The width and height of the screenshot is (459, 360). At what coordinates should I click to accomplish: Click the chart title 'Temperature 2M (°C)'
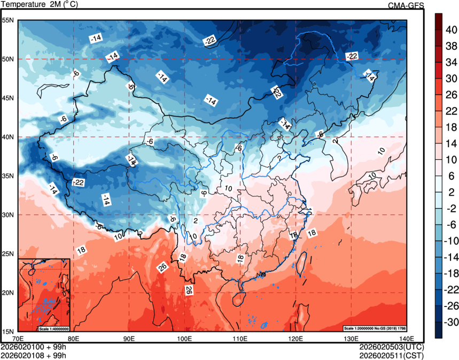pyautogui.click(x=39, y=4)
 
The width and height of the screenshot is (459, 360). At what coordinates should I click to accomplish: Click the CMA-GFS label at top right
pyautogui.click(x=406, y=5)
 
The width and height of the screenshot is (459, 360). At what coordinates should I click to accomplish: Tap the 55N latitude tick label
pyautogui.click(x=9, y=20)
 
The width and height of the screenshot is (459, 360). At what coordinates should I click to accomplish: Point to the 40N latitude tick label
pyautogui.click(x=9, y=137)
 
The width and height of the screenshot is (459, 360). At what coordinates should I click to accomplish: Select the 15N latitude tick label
pyautogui.click(x=9, y=331)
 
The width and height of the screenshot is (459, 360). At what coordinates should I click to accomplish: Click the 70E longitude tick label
pyautogui.click(x=18, y=339)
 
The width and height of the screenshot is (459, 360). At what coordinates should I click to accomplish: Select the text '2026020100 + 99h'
pyautogui.click(x=33, y=347)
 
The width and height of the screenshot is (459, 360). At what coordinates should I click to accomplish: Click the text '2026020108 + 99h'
pyautogui.click(x=33, y=355)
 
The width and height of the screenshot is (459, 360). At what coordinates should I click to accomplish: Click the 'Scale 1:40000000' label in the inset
pyautogui.click(x=54, y=328)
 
